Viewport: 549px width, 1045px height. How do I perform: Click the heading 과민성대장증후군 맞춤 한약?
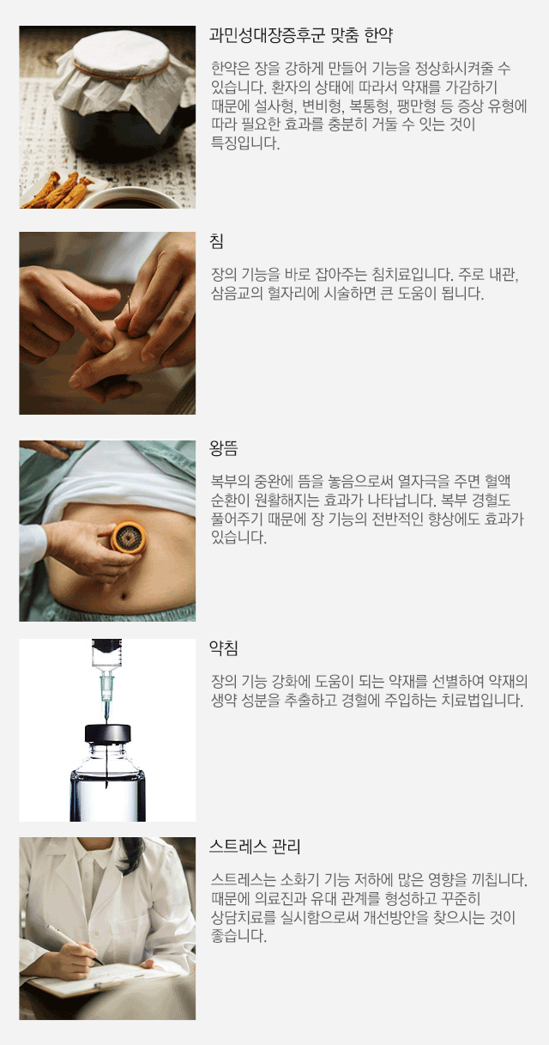click(x=301, y=35)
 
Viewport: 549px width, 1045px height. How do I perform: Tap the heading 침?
click(x=216, y=240)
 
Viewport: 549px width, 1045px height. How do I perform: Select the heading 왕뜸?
click(x=224, y=448)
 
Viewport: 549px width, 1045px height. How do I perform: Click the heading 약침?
click(x=224, y=647)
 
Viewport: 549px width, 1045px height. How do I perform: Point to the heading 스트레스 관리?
click(x=255, y=847)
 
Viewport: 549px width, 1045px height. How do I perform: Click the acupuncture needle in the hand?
click(x=129, y=305)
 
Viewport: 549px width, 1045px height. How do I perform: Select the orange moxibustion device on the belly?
click(x=128, y=538)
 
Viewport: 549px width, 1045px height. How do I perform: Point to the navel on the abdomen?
click(x=124, y=595)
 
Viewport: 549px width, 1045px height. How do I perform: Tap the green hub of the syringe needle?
click(x=106, y=686)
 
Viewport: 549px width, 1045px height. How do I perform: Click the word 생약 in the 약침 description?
click(x=224, y=700)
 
